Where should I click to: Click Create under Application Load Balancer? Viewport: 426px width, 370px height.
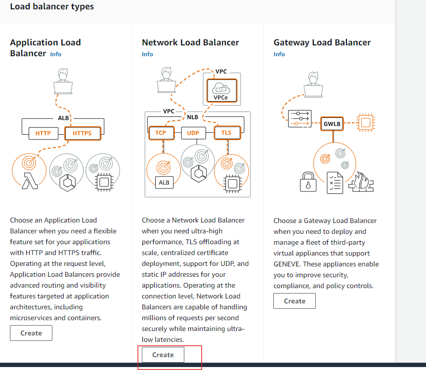point(31,333)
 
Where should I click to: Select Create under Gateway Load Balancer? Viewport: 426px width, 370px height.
point(295,301)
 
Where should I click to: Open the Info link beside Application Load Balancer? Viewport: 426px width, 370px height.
point(56,54)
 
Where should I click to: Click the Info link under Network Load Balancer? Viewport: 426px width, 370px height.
point(147,54)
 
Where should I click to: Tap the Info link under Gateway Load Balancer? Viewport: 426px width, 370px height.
point(279,54)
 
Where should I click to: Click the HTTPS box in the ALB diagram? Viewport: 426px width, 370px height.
point(82,133)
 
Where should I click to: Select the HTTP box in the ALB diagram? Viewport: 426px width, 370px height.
point(43,133)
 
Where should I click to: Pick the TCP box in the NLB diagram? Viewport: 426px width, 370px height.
point(161,133)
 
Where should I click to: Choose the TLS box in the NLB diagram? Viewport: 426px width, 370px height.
point(226,133)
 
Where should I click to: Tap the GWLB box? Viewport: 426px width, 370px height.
point(332,124)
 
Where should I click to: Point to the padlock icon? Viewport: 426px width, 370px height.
point(308,182)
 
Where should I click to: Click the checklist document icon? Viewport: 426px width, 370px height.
point(335,183)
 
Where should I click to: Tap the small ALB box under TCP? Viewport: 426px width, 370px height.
point(163,183)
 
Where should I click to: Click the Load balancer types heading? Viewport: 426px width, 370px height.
point(52,7)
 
